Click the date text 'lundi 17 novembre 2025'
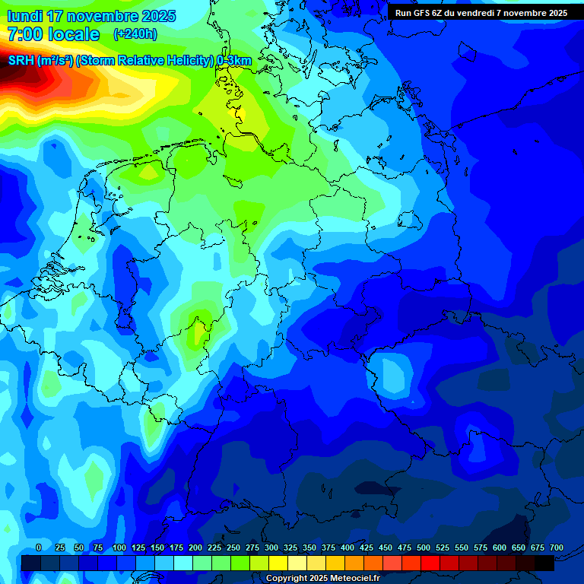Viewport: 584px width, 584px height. [91, 16]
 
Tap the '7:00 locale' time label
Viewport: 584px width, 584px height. [53, 34]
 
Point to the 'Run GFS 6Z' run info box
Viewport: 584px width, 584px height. [481, 13]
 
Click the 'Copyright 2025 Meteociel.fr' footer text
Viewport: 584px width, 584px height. [322, 578]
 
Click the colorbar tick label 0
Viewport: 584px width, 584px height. [39, 547]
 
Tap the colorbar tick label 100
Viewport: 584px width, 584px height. [119, 547]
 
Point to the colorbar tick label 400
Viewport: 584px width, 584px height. [348, 547]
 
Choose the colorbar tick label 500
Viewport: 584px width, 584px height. [424, 547]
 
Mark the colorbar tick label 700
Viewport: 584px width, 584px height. [557, 547]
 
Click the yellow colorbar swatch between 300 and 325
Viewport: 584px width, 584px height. [279, 563]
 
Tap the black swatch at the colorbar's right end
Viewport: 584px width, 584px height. [544, 563]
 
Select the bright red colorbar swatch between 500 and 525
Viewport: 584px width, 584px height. [430, 563]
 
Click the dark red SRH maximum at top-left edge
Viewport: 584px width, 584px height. [9, 76]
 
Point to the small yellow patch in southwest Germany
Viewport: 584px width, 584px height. [199, 332]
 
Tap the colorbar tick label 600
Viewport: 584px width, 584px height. [500, 547]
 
